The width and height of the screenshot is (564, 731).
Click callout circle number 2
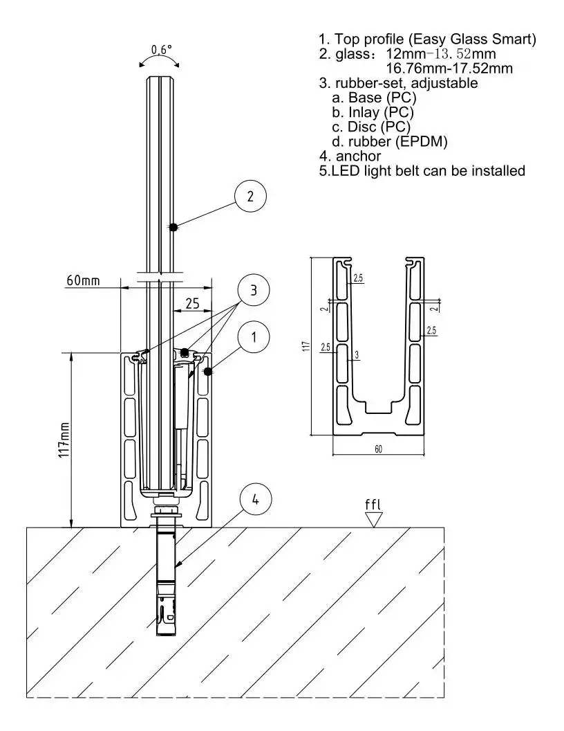251,196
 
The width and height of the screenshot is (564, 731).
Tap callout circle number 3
254,291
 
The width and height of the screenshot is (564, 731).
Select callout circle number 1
254,337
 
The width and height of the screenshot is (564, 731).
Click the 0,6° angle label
161,50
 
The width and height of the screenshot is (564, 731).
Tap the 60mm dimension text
83,280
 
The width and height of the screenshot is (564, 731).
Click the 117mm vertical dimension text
64,439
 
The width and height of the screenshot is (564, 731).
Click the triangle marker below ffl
373,519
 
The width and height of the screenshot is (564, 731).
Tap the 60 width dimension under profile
379,449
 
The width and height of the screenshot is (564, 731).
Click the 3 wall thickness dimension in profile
356,354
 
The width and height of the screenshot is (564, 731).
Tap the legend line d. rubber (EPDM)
390,142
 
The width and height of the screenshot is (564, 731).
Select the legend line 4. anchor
350,156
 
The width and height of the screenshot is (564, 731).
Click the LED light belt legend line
422,170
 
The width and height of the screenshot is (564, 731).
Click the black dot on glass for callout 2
173,226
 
